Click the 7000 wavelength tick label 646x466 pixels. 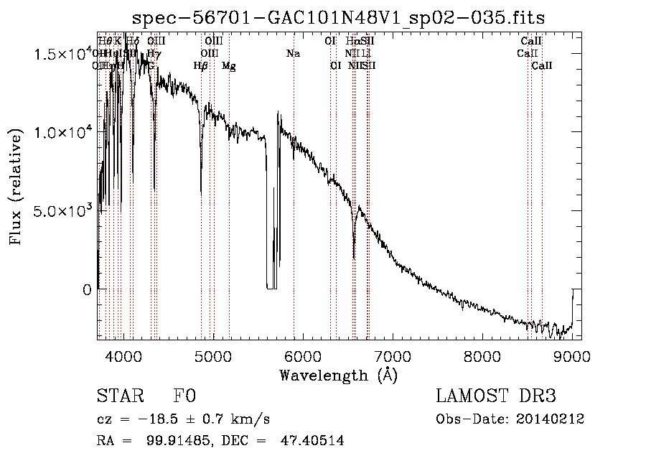[392, 355]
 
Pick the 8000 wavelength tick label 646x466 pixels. [482, 355]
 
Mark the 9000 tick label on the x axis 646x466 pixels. [571, 355]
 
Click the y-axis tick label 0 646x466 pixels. [87, 290]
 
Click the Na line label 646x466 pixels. [293, 53]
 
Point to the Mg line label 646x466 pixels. [228, 66]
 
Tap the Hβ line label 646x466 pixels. [201, 66]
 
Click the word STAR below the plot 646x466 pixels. [120, 396]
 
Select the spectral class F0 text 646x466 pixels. [184, 396]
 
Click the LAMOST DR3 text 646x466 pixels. [496, 396]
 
